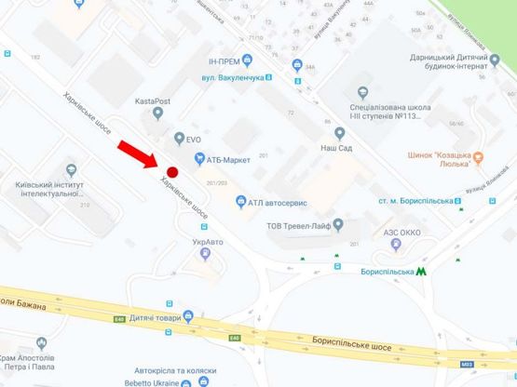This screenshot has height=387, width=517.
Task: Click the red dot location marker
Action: point(170,170)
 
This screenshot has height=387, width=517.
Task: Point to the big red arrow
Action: point(138,154)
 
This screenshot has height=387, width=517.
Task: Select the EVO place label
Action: point(193,140)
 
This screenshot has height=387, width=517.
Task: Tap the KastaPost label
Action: point(156,97)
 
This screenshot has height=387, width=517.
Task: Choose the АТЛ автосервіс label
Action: point(278,202)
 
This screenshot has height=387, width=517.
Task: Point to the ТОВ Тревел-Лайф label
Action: point(298,224)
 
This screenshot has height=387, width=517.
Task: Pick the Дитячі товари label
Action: point(160,318)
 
